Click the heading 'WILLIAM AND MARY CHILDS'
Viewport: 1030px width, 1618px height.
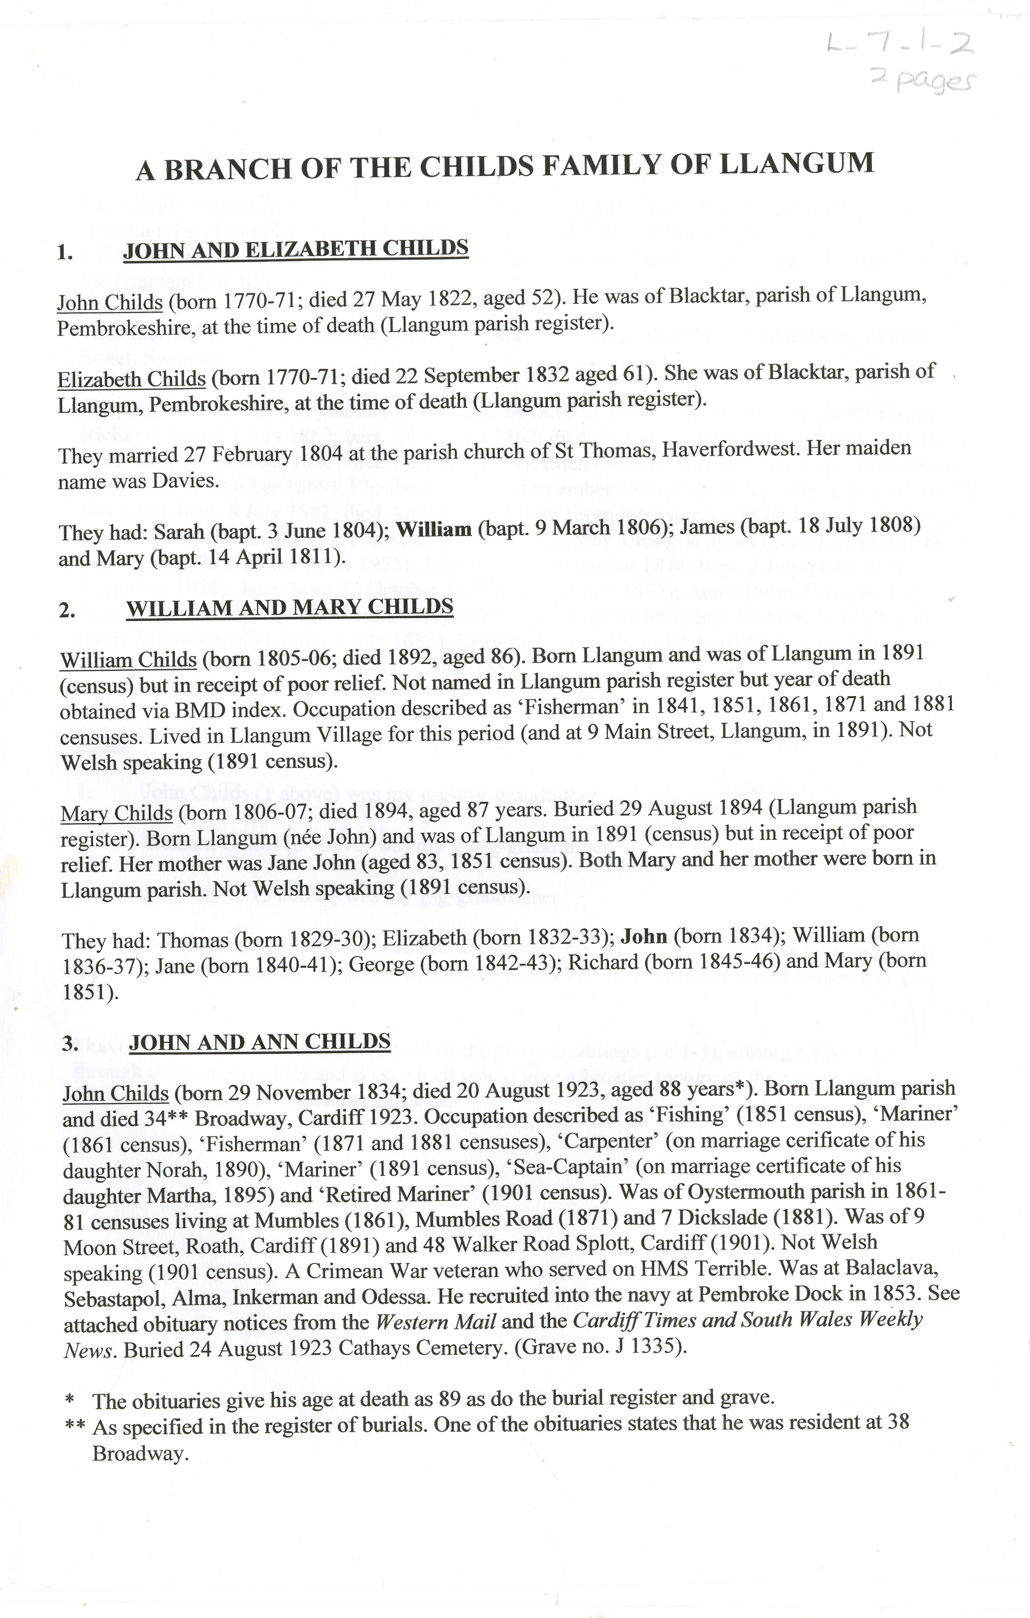click(290, 608)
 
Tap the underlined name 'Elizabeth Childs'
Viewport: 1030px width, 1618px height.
click(131, 380)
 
